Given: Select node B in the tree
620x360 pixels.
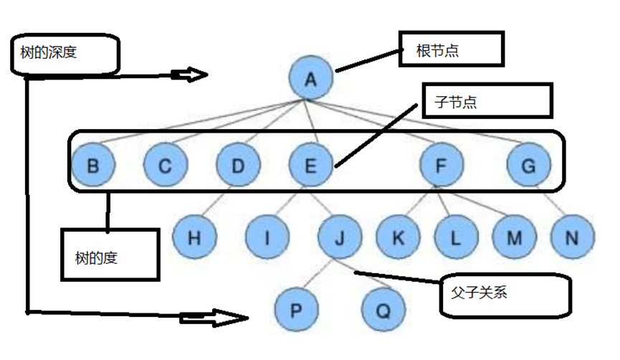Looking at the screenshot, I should tap(93, 166).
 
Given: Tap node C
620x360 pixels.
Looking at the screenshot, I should tap(166, 166).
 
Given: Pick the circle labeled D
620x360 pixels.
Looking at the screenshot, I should tap(238, 166).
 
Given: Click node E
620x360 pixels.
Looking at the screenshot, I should tap(310, 166).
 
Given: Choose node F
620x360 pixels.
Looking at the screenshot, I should tap(442, 166).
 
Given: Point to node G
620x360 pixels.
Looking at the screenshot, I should tap(528, 166).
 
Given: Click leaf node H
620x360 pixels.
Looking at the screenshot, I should tap(194, 237).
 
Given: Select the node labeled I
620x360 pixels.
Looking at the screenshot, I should tap(267, 237).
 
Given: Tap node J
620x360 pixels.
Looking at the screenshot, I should tap(340, 237).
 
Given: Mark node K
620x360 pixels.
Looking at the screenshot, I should tap(398, 237).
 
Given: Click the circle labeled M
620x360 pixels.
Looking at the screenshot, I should tap(514, 237).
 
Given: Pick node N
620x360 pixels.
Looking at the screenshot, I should tap(572, 237).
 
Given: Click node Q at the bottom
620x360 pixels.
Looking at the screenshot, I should tap(383, 311).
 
